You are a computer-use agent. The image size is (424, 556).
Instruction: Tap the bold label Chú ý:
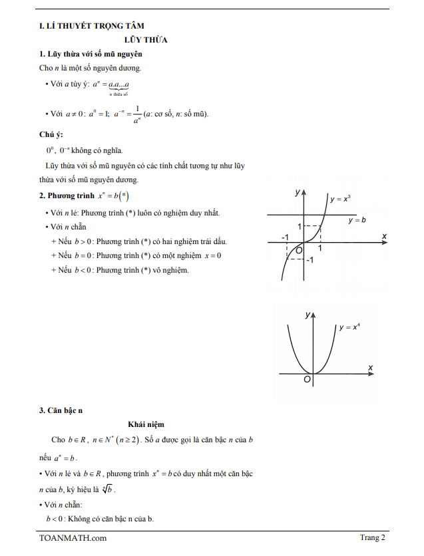[x=51, y=134]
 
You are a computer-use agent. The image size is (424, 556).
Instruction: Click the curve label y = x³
[x=340, y=198]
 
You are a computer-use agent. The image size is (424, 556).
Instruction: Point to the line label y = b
[x=357, y=219]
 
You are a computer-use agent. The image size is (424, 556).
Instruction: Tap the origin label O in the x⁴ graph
[x=307, y=380]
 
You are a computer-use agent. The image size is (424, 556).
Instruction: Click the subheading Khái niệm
[x=146, y=424]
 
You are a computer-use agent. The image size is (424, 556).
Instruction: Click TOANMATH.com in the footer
[x=73, y=538]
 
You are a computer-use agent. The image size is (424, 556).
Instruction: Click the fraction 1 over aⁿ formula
[x=136, y=114]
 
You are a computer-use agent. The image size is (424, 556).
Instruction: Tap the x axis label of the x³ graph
[x=385, y=236]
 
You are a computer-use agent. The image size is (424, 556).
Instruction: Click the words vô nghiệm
[x=172, y=270]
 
